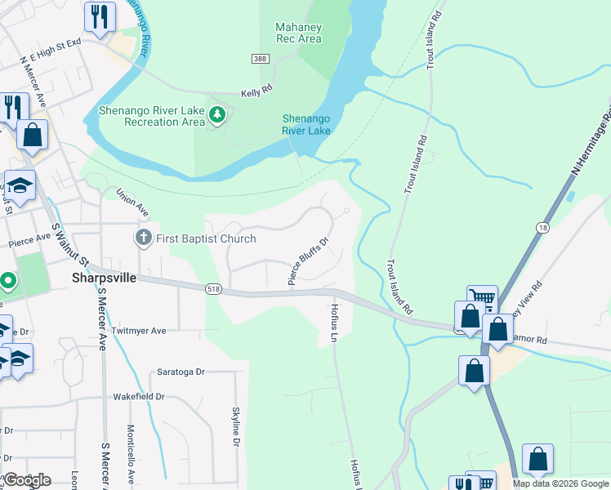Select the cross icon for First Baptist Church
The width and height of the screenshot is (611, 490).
tap(143, 238)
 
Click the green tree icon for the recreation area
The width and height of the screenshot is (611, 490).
tap(216, 116)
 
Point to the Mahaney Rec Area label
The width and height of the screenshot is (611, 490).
tap(298, 33)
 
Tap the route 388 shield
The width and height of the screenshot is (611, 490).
tap(260, 59)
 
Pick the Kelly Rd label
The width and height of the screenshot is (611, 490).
tap(256, 93)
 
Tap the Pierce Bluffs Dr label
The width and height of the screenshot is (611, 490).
tap(308, 261)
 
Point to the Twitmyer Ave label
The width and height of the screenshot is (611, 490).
tap(138, 331)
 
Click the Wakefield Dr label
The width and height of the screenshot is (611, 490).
tap(138, 396)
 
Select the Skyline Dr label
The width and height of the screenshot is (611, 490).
tap(235, 428)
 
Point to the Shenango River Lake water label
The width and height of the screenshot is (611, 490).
tap(306, 124)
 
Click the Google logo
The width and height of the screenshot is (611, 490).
tap(26, 480)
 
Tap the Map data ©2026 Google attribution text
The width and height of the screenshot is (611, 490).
tap(560, 483)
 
